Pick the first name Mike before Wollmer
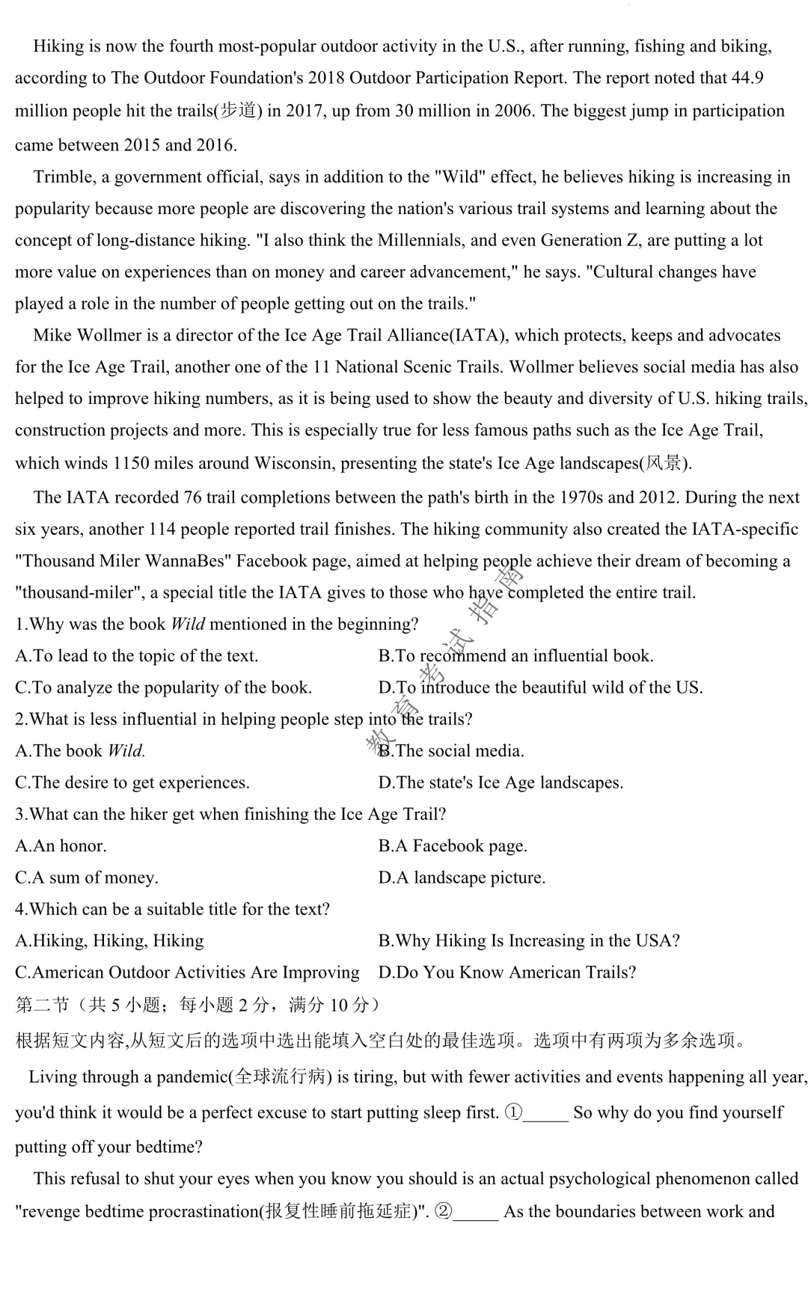51,335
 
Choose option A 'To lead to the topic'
137,656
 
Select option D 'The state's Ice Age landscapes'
501,783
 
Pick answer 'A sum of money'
87,878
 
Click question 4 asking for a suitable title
172,909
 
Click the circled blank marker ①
513,1112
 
